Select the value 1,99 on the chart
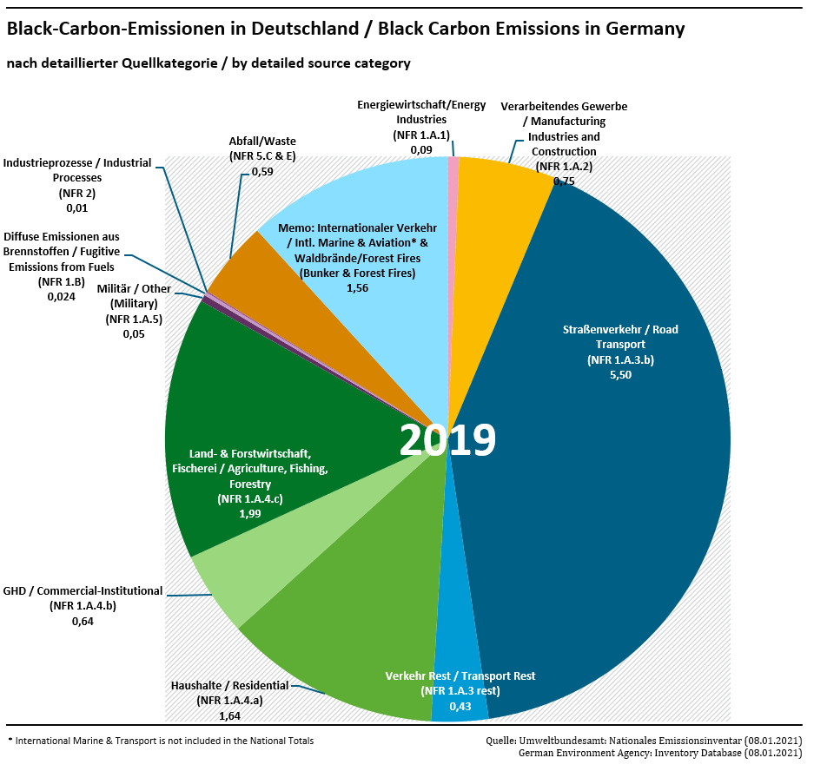tap(250, 514)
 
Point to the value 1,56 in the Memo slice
tap(357, 288)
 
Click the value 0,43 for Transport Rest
tap(460, 707)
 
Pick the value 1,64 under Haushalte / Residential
tap(230, 716)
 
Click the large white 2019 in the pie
tap(447, 440)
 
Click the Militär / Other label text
tap(135, 288)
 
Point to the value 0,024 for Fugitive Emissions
tap(61, 296)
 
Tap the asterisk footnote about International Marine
tap(161, 741)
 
